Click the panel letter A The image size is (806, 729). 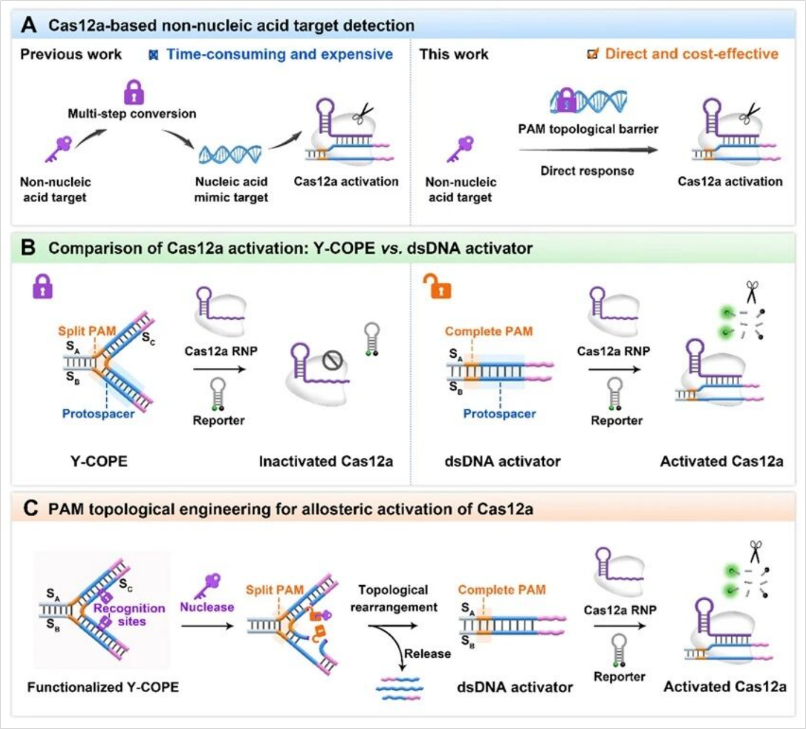tap(28, 25)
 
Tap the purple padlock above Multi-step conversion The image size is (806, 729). tap(134, 92)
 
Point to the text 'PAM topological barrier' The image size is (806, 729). tap(588, 129)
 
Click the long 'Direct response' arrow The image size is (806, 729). tap(588, 150)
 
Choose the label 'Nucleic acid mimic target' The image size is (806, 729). tap(231, 189)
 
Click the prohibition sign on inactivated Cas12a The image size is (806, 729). tap(332, 361)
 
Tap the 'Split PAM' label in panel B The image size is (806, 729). tap(86, 331)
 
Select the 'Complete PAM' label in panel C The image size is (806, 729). tap(502, 589)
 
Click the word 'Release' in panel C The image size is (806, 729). tap(428, 654)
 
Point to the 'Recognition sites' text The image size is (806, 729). tap(130, 614)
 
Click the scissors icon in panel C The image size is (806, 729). tap(756, 551)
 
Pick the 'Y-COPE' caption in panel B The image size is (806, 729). tap(99, 461)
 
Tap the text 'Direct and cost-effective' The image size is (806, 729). tap(692, 54)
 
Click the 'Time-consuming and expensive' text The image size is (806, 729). tap(279, 54)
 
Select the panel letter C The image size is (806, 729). tap(30, 509)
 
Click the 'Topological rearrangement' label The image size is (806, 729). tap(394, 599)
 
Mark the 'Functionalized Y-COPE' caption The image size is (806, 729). tap(103, 687)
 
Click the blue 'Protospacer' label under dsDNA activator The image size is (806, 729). tap(499, 413)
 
